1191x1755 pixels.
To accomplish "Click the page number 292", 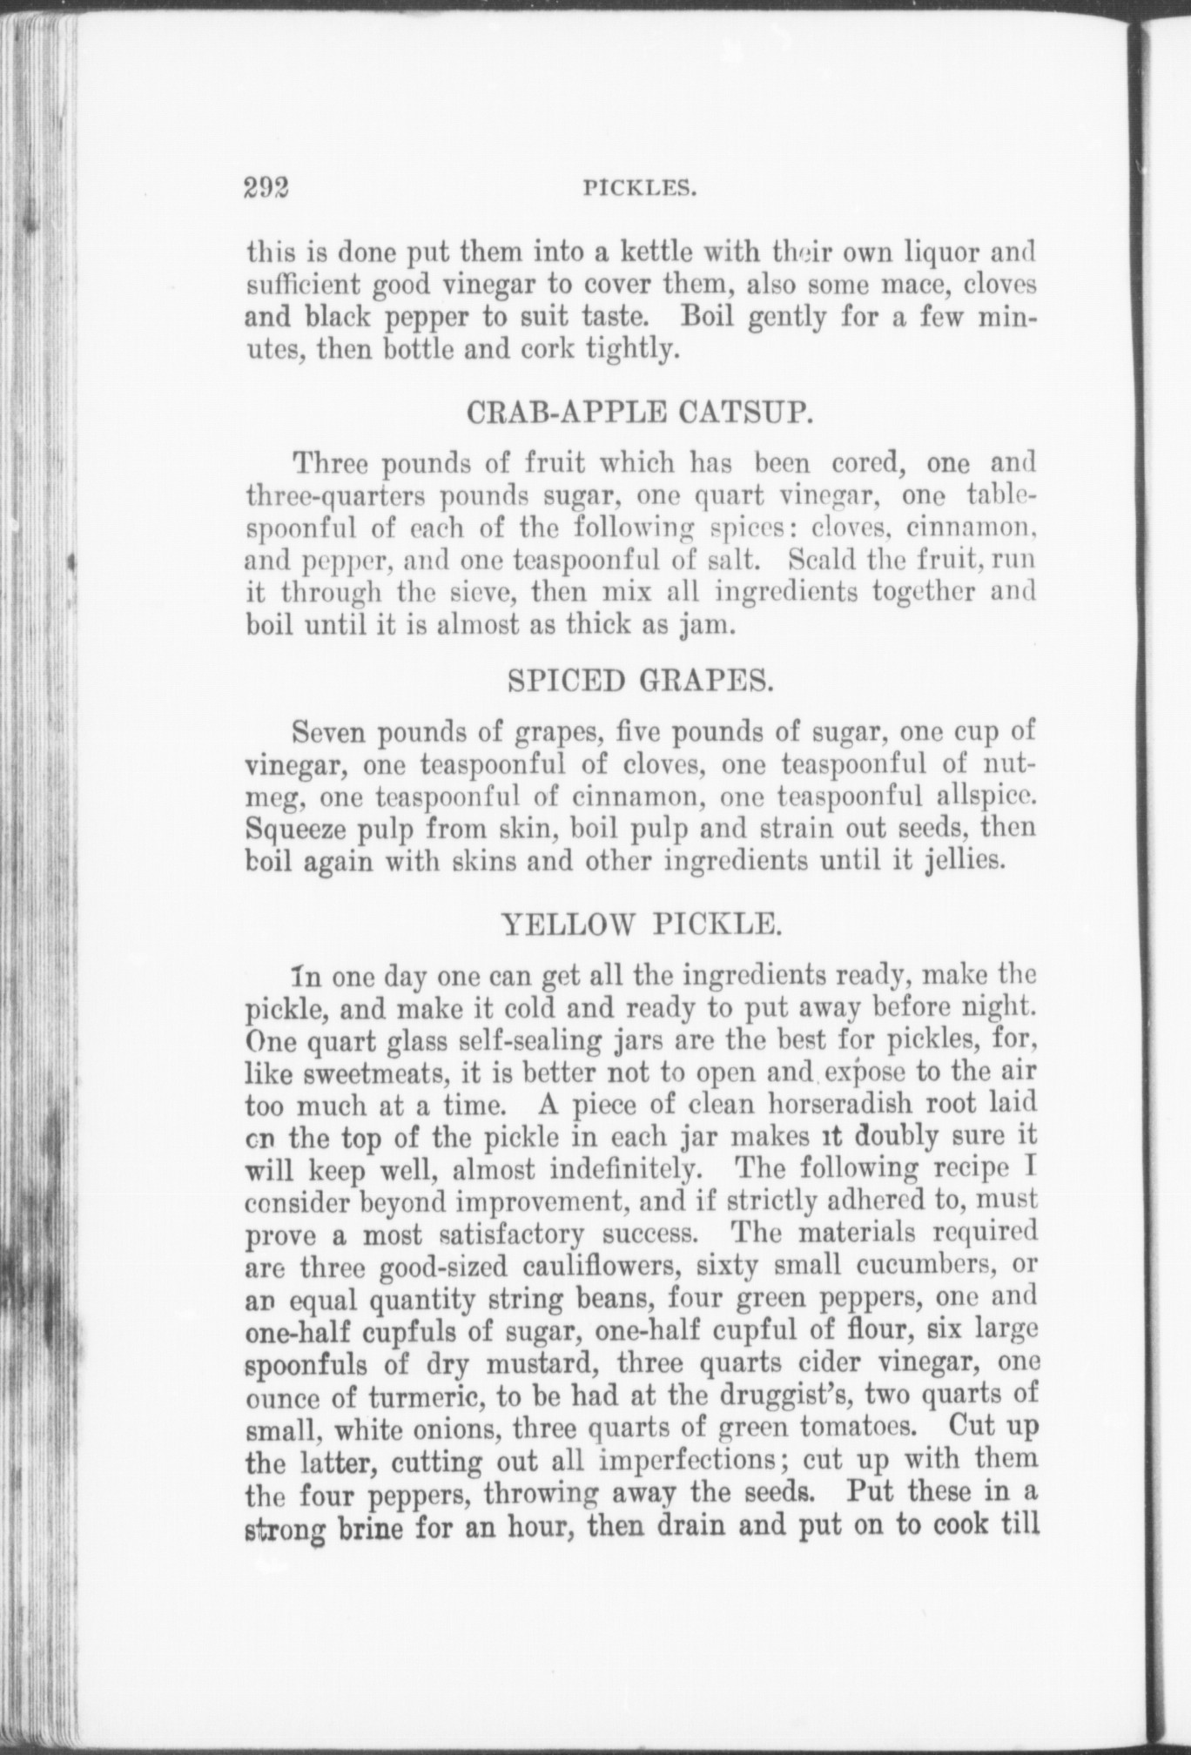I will [x=266, y=188].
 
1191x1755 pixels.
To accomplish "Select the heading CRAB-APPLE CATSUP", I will [x=640, y=412].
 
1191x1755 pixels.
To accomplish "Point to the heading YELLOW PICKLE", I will [x=640, y=924].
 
